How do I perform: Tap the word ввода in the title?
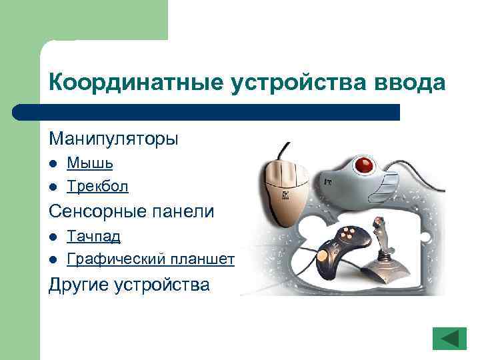click(409, 83)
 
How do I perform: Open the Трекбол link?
click(97, 186)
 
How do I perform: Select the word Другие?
click(79, 285)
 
